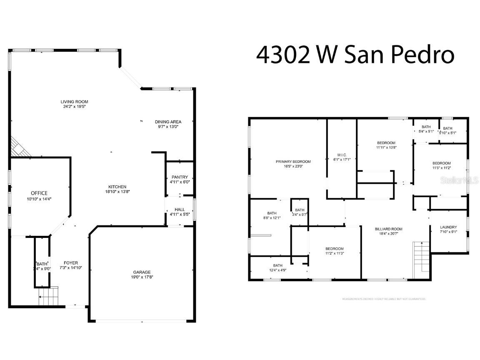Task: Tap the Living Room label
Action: pos(74,102)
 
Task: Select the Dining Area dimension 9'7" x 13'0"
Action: pos(168,127)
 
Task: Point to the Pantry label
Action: pos(180,177)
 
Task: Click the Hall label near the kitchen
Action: pos(180,209)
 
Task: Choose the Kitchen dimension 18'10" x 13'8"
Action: pos(118,192)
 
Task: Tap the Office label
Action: pos(39,193)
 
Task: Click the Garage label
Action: pos(142,272)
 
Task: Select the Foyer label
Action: pos(71,263)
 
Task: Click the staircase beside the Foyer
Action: pos(48,297)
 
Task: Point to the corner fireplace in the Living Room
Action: pos(19,148)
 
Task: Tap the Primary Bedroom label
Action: pos(293,161)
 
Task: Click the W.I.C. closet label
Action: pos(342,155)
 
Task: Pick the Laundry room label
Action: pos(448,227)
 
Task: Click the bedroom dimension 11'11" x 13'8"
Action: pos(386,147)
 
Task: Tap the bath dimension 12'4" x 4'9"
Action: pos(277,270)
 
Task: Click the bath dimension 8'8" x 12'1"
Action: pos(272,217)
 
